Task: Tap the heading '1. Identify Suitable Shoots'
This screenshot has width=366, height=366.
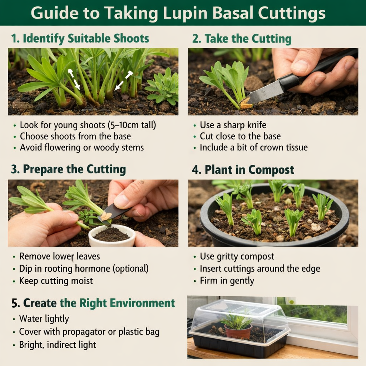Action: pos(80,39)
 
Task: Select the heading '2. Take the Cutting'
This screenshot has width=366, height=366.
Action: pos(242,39)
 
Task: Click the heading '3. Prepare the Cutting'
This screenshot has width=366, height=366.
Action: pos(68,169)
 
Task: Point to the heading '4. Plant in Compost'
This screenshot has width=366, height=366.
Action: pos(243,169)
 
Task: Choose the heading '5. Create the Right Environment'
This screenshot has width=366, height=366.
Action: pos(93,303)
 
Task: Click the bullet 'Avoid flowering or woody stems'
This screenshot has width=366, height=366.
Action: pos(82,147)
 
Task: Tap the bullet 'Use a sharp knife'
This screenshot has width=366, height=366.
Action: pos(233,125)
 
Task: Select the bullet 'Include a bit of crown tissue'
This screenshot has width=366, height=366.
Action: pos(253,147)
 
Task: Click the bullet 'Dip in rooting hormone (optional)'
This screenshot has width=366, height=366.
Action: pos(84,268)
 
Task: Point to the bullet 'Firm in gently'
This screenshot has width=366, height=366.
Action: pos(227,281)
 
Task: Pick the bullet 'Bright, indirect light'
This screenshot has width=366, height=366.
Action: pos(58,345)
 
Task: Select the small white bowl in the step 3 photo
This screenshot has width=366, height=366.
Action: pos(112,236)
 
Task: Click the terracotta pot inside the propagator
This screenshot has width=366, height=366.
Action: pos(238,332)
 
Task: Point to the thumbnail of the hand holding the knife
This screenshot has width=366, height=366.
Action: pos(273,81)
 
